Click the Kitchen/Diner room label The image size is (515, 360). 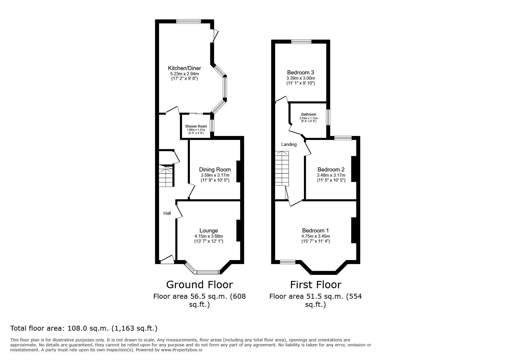pos(184,68)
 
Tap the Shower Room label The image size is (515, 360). pos(196,126)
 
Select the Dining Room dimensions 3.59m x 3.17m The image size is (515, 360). pos(215,175)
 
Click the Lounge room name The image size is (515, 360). pos(209,231)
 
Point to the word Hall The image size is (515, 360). pos(167,213)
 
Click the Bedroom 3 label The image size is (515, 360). pos(300,72)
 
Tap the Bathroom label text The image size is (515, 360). pos(309,114)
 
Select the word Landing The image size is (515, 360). pos(289,144)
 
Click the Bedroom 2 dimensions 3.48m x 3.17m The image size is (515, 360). pos(331,175)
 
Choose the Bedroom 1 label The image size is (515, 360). pos(316,231)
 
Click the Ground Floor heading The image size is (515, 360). pos(199,284)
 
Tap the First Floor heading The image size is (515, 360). pos(316,284)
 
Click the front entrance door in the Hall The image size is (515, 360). pos(167,259)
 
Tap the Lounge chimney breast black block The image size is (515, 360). pos(238,230)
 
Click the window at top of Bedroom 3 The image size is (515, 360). pos(302,42)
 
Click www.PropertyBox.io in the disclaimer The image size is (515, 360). pos(181,350)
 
